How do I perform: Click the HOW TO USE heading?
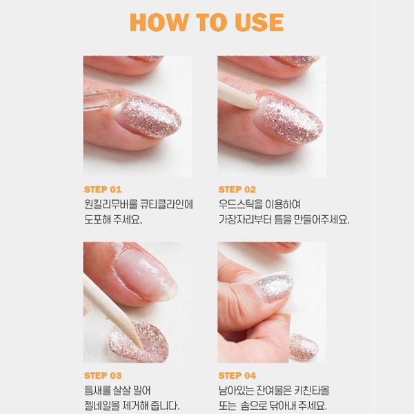click(206, 22)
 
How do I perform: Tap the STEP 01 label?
click(102, 189)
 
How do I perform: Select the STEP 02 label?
click(237, 189)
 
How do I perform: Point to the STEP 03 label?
click(102, 375)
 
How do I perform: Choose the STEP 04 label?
click(237, 375)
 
